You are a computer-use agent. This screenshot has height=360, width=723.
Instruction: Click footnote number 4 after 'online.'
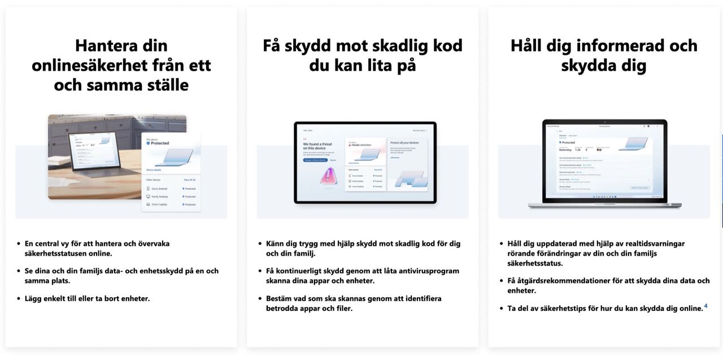705,306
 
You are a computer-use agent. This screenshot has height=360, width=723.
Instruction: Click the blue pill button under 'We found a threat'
315,160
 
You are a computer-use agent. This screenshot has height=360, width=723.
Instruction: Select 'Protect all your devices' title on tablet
405,143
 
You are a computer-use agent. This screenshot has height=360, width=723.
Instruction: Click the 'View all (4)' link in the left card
189,179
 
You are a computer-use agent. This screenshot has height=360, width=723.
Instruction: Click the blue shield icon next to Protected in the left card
149,144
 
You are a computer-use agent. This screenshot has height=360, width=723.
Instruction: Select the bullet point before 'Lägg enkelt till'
19,298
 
